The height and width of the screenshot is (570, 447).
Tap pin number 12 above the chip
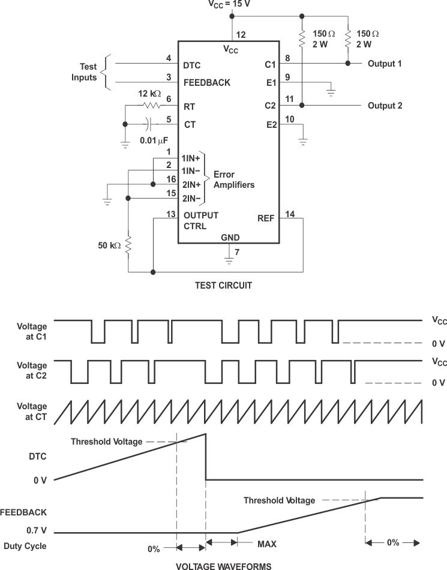point(241,34)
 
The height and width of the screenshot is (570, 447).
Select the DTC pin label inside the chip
point(192,65)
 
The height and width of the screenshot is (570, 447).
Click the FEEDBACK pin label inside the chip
point(207,83)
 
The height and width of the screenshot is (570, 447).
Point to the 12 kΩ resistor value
point(148,94)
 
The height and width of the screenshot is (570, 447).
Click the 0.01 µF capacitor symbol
point(148,124)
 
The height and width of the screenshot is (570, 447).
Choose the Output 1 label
point(385,64)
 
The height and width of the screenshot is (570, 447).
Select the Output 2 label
point(385,106)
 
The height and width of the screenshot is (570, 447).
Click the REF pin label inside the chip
point(266,218)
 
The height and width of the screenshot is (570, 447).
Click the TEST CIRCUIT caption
point(223,286)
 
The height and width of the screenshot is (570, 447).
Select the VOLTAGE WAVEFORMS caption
point(223,566)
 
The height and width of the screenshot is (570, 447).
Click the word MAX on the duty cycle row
point(267,545)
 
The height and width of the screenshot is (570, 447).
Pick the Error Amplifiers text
point(233,180)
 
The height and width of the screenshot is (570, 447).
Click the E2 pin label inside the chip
point(271,125)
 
